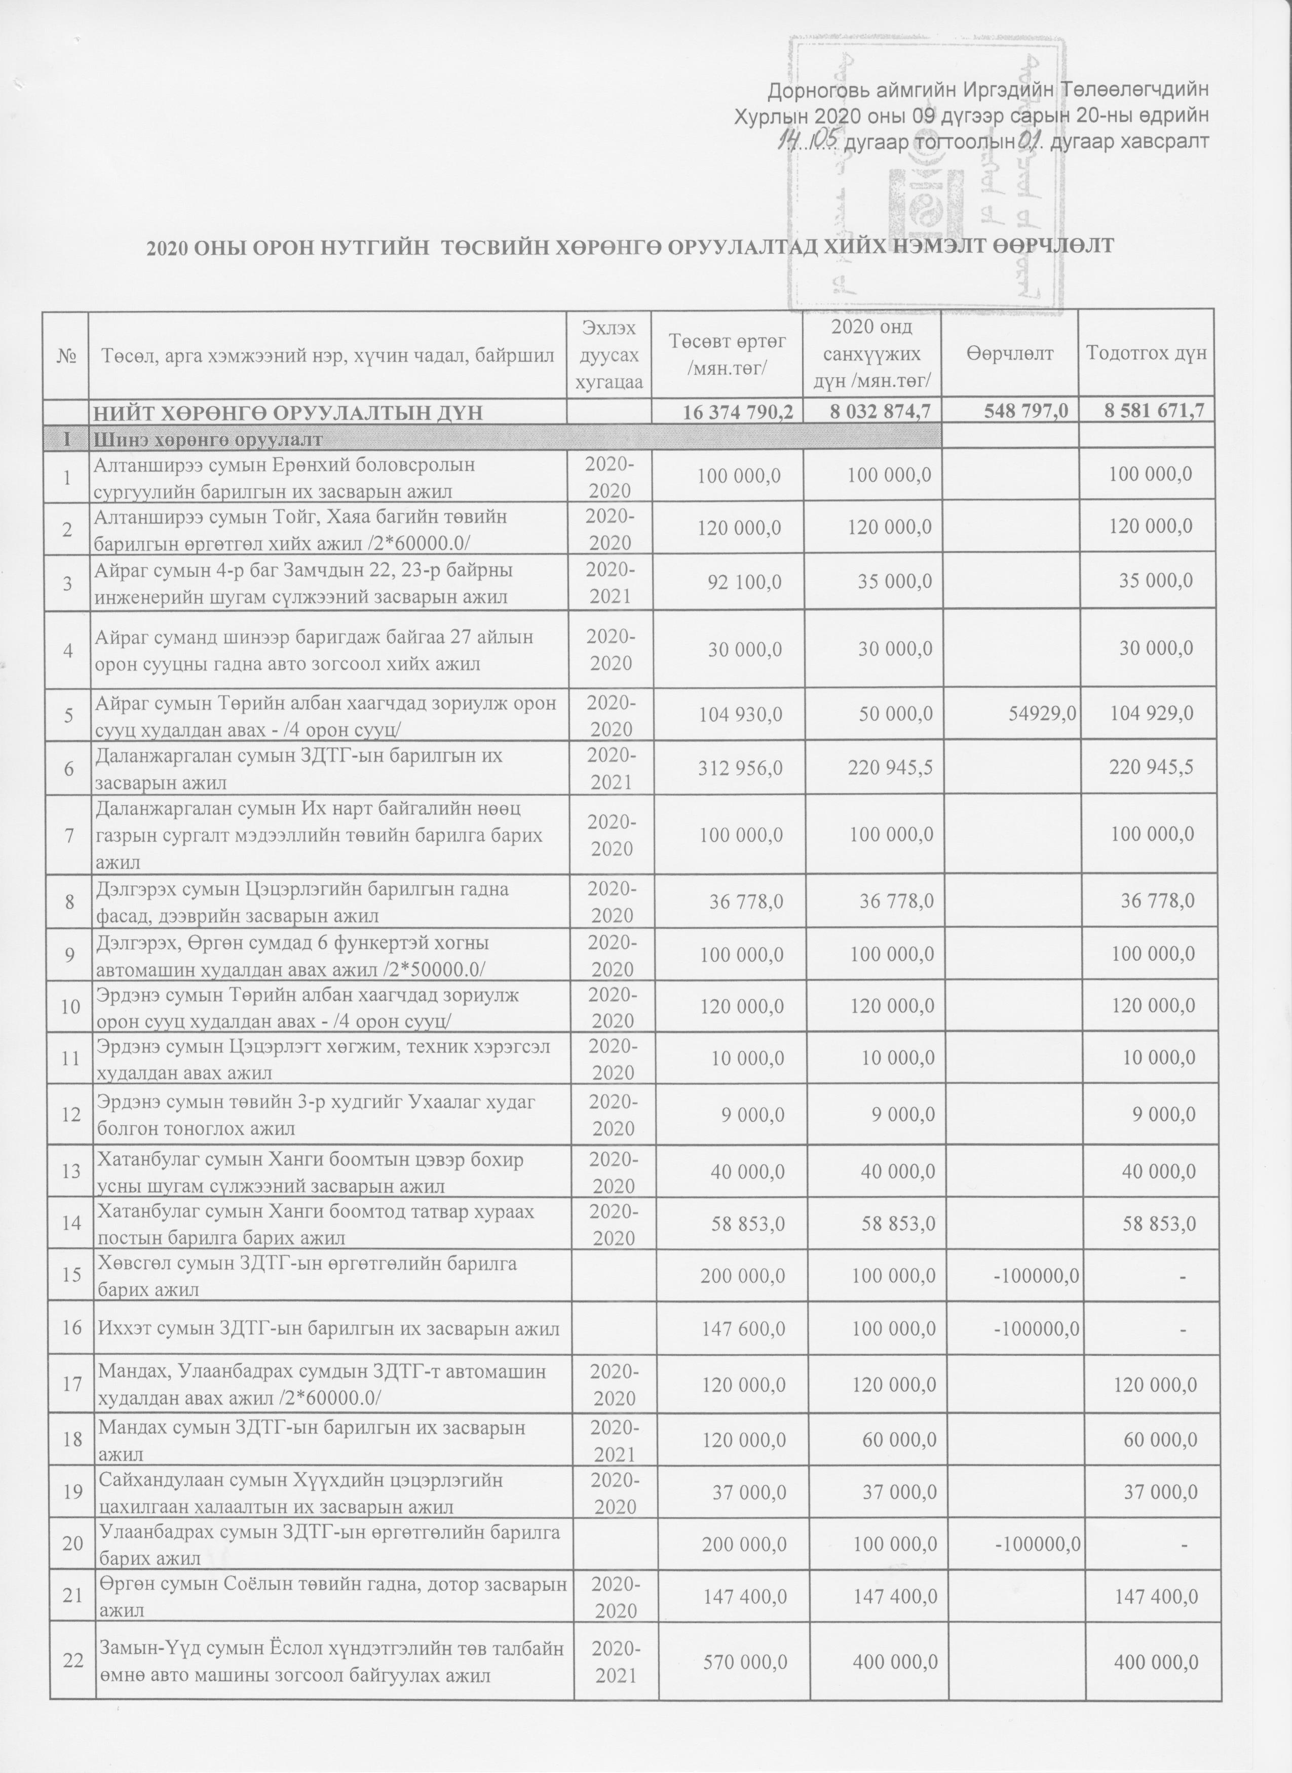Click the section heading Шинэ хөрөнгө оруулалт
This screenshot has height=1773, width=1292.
[208, 440]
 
